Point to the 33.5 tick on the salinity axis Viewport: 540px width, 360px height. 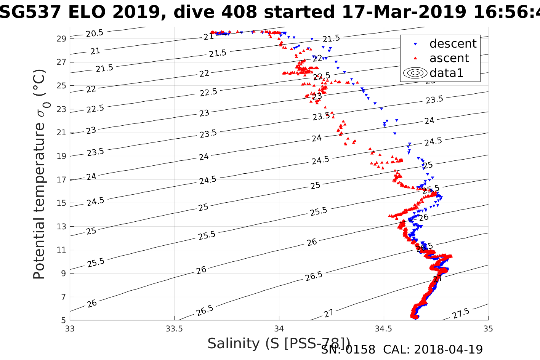175,328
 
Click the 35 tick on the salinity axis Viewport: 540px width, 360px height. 488,328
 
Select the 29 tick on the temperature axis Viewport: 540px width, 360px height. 62,38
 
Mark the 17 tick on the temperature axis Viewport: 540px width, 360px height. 62,179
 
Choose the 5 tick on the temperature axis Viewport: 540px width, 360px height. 64,320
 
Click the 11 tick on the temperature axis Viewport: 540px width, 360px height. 62,250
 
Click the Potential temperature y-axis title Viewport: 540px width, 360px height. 39,174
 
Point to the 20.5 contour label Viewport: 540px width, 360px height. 95,34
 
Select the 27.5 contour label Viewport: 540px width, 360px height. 461,314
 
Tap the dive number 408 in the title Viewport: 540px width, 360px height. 239,12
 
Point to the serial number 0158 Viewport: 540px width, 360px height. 360,349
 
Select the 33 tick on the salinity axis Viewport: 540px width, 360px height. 70,328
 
